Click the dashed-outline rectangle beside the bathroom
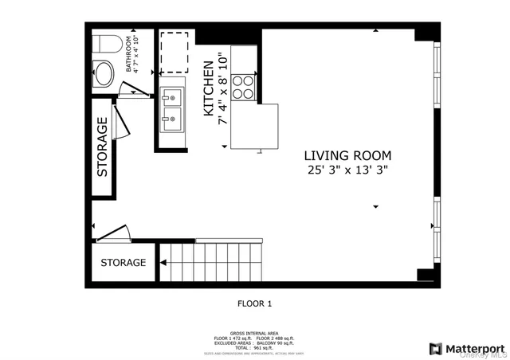click(x=173, y=52)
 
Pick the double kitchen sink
click(x=171, y=110)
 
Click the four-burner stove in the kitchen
click(x=245, y=85)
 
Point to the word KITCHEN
click(x=208, y=90)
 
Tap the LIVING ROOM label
click(x=348, y=155)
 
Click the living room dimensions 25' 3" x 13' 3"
click(x=348, y=170)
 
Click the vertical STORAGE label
click(x=102, y=147)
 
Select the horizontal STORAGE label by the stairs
click(x=123, y=262)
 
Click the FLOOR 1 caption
click(x=255, y=303)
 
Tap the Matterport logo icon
click(x=436, y=348)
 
